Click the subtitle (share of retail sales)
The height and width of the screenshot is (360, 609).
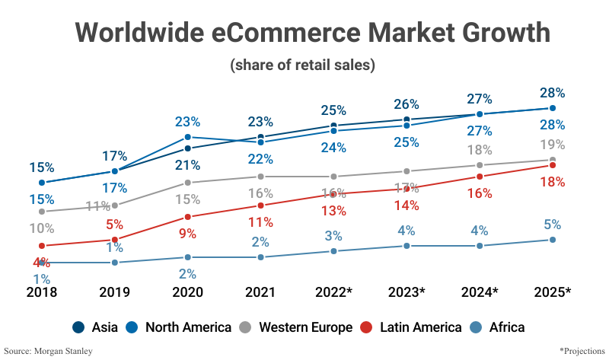coord(303,65)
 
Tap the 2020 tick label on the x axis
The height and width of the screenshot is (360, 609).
coord(187,292)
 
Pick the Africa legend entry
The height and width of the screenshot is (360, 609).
coord(498,327)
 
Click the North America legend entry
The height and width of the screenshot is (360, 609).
coord(180,327)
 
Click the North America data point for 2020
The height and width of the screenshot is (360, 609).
coord(187,137)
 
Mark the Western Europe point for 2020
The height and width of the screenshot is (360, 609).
coord(187,183)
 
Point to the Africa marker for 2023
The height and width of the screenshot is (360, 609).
coord(407,246)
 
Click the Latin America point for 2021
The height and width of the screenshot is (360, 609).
coord(260,205)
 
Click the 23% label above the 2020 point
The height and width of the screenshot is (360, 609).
coord(187,121)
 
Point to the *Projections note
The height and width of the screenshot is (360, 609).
coord(582,351)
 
